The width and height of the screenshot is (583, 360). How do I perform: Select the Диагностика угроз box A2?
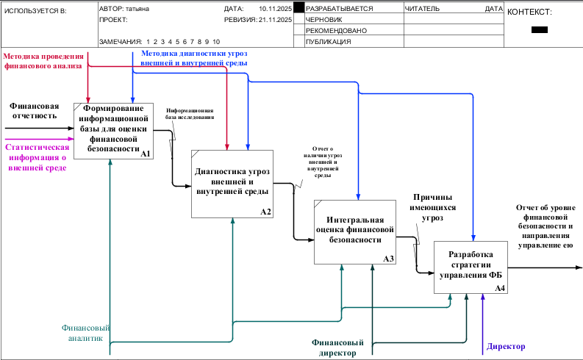click(232, 183)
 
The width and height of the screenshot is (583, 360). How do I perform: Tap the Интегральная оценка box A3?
click(355, 231)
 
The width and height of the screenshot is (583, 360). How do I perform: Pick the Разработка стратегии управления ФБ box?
click(471, 267)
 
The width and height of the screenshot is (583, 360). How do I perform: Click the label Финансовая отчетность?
click(34, 110)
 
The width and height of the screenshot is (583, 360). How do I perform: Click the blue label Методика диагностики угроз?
click(193, 59)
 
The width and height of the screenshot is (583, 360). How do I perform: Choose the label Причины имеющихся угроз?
click(432, 207)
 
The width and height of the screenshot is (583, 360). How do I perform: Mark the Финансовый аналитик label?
click(86, 333)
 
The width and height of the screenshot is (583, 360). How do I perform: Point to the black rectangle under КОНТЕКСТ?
click(539, 30)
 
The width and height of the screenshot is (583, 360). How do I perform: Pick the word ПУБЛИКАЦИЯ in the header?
click(328, 42)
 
